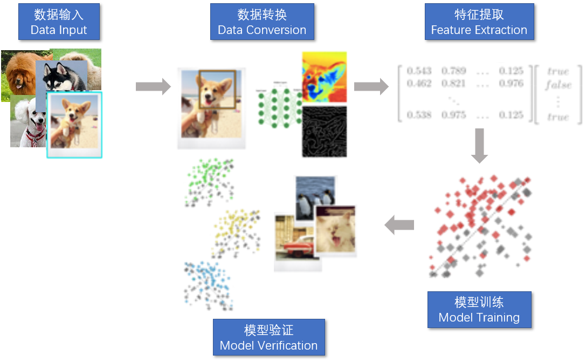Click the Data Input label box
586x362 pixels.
(59, 22)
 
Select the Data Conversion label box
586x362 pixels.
(261, 22)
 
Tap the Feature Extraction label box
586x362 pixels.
(479, 22)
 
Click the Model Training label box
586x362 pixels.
(479, 310)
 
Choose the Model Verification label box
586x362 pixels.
(268, 337)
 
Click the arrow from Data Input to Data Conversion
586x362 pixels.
(153, 87)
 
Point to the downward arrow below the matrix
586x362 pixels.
(479, 145)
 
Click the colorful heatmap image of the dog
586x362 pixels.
(324, 77)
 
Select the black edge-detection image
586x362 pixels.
(324, 131)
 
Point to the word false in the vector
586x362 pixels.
(557, 85)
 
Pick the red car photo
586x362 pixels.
(294, 245)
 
